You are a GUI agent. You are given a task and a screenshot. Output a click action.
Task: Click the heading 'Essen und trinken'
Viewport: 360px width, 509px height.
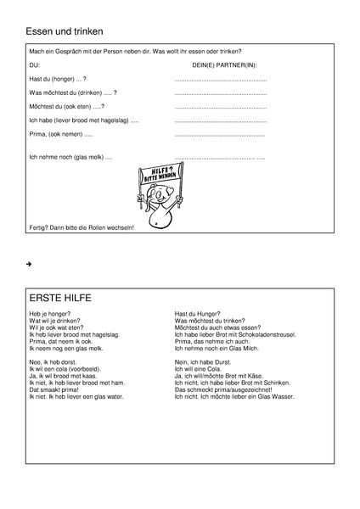(x=65, y=31)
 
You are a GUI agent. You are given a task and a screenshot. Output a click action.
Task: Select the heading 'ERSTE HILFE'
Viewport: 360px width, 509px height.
(x=60, y=299)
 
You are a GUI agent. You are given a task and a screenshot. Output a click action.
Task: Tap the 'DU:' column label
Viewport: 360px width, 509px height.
(x=35, y=64)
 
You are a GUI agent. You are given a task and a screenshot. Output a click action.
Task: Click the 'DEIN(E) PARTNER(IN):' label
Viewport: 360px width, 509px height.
(x=225, y=64)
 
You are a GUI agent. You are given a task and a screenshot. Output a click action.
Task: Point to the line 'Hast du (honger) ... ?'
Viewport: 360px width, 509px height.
(x=58, y=78)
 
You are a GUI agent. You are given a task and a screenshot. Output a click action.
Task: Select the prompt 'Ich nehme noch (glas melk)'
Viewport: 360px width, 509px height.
(x=70, y=158)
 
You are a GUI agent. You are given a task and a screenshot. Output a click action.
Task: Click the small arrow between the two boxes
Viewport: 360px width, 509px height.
(x=29, y=266)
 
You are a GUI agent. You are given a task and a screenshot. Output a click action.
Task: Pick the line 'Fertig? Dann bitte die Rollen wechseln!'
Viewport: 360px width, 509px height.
(x=82, y=228)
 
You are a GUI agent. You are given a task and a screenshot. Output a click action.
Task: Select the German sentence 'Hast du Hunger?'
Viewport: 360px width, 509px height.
(x=198, y=314)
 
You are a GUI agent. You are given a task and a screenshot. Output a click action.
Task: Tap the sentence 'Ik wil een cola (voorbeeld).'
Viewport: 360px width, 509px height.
(x=65, y=369)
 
